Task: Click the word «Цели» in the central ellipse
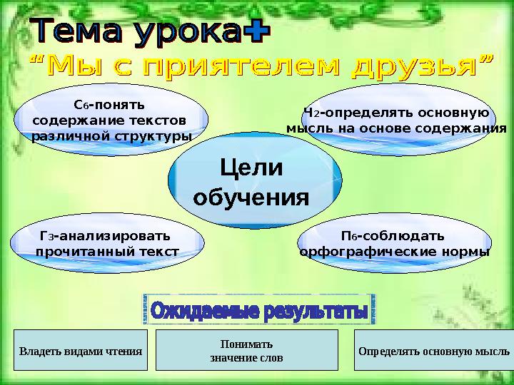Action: coord(252,170)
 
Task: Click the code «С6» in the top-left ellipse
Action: coord(80,104)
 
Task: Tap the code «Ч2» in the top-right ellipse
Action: coord(310,112)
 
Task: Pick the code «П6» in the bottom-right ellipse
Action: coord(348,236)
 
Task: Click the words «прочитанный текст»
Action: coord(107,252)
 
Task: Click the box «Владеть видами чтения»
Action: coord(81,351)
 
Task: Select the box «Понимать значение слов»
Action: coord(246,350)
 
